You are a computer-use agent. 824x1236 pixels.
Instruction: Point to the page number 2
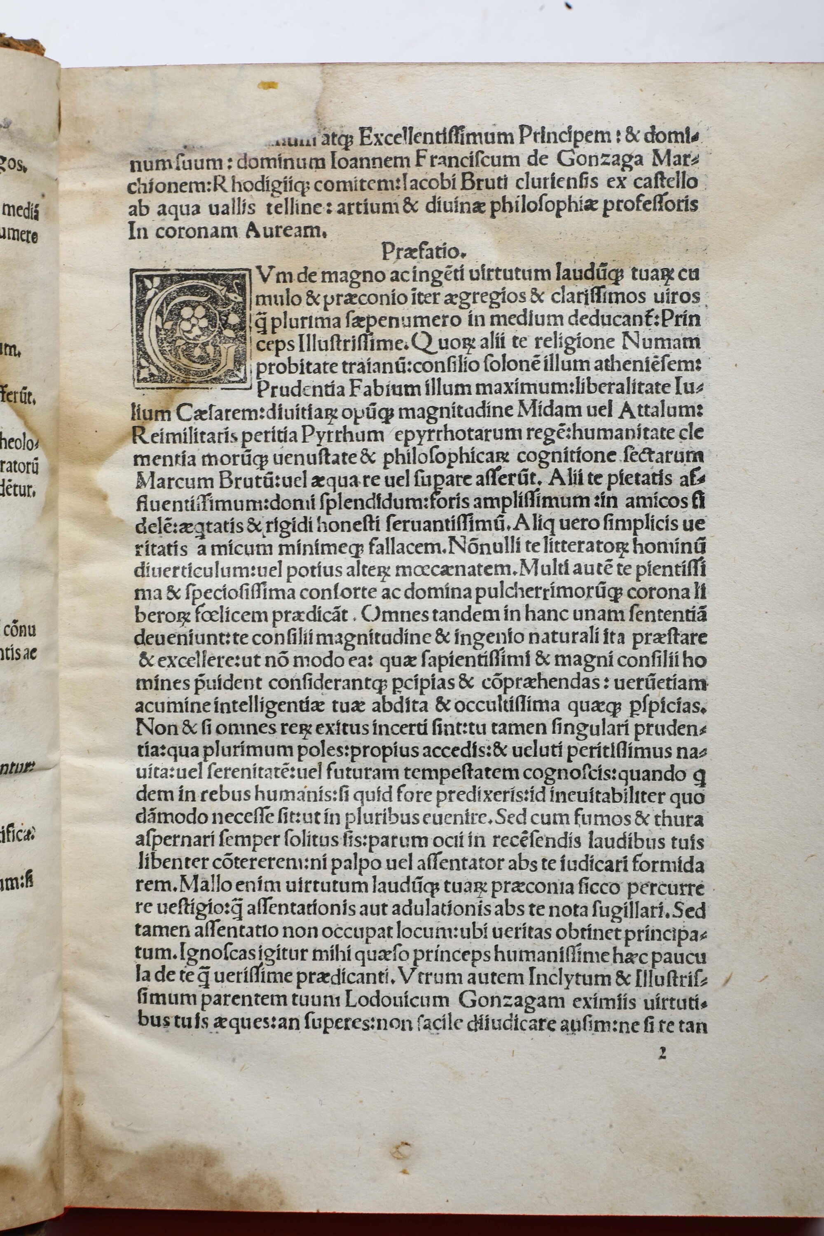click(x=662, y=1053)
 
